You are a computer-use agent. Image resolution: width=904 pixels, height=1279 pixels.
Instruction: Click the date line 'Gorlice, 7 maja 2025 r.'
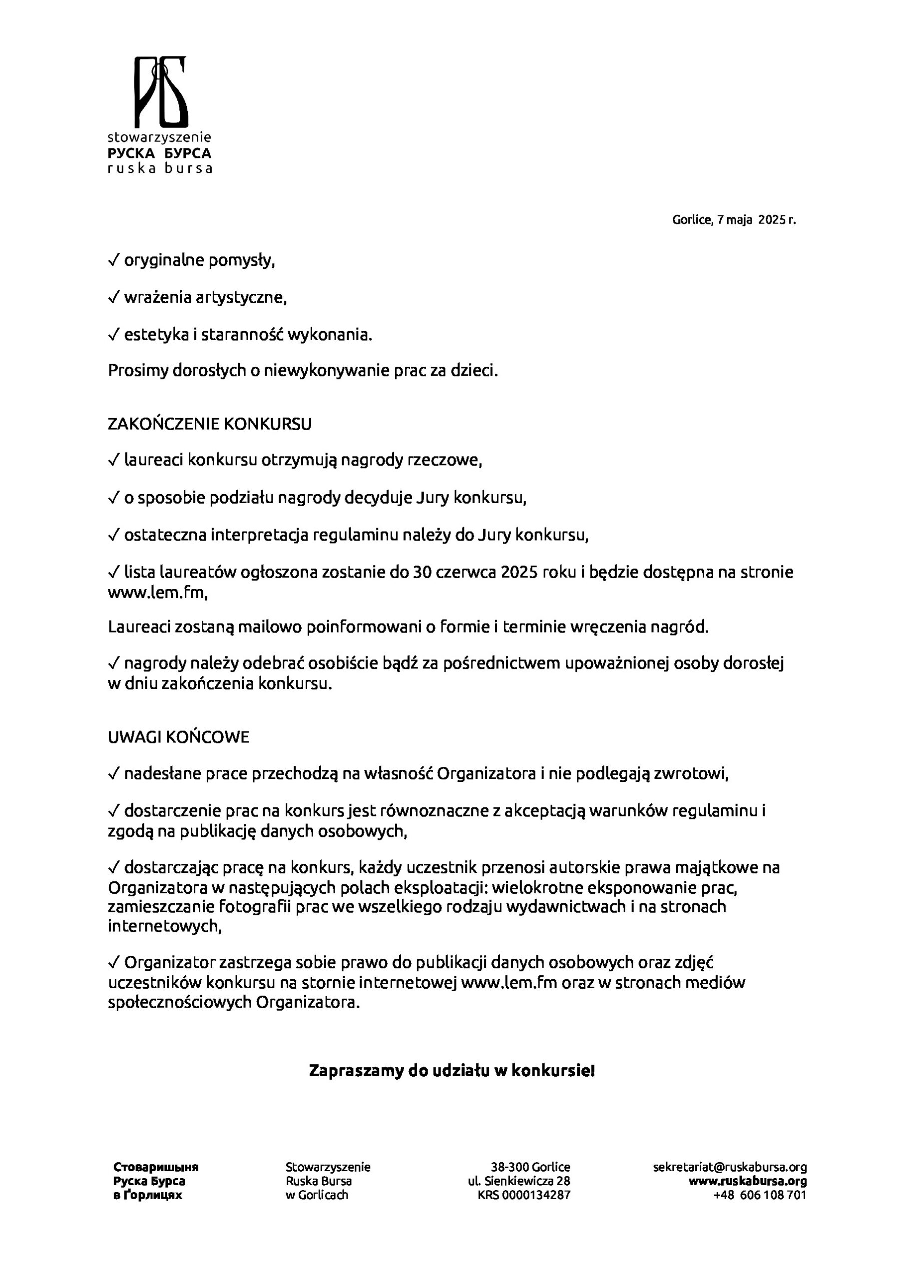tap(734, 220)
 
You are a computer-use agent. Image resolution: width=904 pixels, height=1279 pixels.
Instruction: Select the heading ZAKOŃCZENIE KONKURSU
tap(209, 425)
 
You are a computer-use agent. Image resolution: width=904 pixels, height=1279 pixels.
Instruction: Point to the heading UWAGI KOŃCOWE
tap(178, 737)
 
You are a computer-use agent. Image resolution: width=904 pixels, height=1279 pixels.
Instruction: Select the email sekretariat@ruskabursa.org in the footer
tap(730, 1167)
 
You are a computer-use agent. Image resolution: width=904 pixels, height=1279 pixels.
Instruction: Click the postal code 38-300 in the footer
tap(509, 1167)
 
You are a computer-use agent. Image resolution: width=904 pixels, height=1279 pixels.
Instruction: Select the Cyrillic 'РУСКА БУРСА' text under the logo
tap(159, 153)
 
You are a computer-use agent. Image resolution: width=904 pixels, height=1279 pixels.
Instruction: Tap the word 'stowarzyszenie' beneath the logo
tap(159, 137)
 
